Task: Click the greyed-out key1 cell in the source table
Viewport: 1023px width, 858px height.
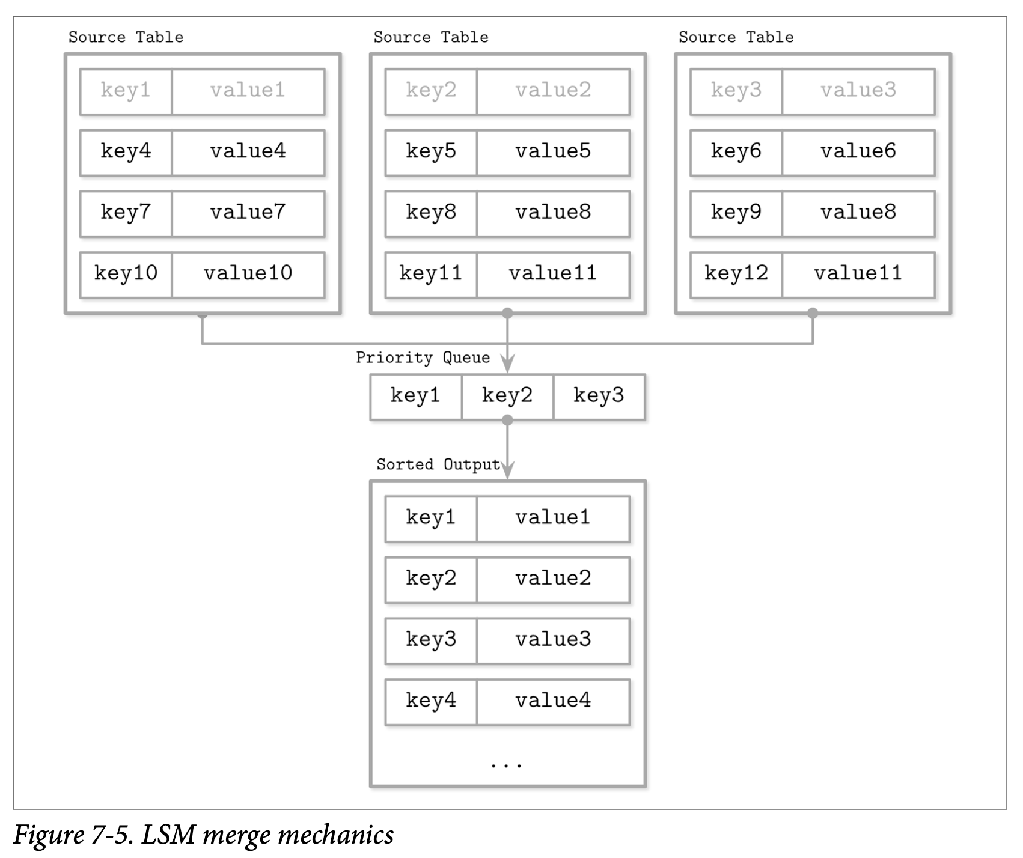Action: click(126, 91)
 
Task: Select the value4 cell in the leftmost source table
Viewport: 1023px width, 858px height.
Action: click(248, 151)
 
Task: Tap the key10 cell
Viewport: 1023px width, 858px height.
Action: click(126, 273)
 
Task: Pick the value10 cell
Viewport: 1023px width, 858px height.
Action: click(248, 273)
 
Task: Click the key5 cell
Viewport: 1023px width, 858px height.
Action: click(431, 151)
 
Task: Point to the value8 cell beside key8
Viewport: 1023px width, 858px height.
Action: click(553, 213)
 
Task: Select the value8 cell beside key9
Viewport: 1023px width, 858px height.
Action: click(858, 213)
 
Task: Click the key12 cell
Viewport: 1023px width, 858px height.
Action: click(736, 273)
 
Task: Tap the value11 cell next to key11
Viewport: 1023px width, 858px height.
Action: click(553, 273)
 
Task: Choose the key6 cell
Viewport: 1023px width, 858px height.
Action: click(736, 151)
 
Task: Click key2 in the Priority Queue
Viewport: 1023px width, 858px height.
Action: click(507, 396)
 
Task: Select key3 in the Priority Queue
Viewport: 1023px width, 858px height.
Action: click(599, 396)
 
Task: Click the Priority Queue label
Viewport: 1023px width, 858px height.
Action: click(423, 358)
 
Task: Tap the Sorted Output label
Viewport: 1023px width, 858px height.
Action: click(438, 464)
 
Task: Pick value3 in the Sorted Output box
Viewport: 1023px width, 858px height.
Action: click(553, 640)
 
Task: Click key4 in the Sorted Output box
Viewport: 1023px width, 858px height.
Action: click(431, 701)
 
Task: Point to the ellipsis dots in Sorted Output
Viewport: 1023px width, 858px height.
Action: click(507, 765)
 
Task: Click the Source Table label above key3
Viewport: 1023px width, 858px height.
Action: click(736, 37)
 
